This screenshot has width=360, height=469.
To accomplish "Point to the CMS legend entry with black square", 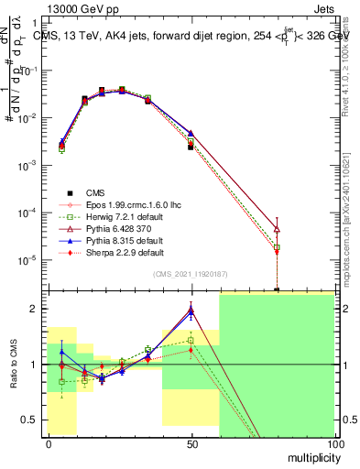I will click(95, 191).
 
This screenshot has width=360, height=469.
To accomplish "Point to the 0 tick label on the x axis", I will click(48, 443).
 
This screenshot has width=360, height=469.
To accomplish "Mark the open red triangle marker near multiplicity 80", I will click(277, 229).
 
